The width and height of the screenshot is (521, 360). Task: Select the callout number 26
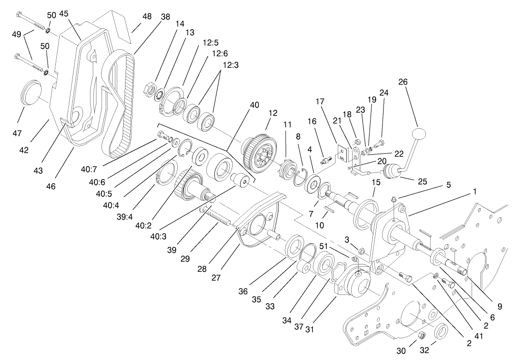[x=403, y=82]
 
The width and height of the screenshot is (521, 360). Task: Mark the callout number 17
[x=321, y=101]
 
